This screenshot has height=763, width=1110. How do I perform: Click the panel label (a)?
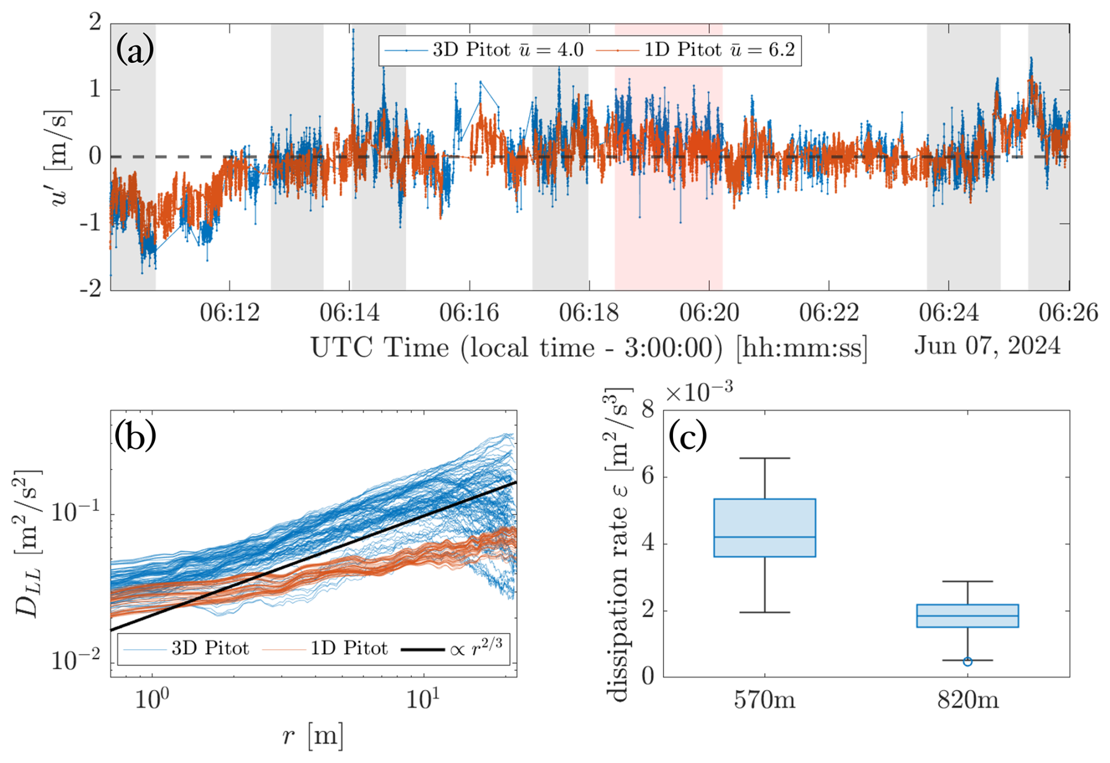pos(135,50)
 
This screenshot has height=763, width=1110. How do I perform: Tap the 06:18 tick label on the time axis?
pos(588,313)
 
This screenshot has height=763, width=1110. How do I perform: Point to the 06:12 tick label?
pos(229,313)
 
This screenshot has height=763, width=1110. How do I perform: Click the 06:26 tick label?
pos(1068,313)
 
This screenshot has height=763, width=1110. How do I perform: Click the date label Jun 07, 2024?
pos(987,346)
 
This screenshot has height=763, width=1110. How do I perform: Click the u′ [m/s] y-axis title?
pos(60,157)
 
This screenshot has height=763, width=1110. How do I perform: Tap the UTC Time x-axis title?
pos(588,348)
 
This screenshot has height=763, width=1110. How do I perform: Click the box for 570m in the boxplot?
pos(764,527)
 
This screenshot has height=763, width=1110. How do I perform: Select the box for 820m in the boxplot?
pos(967,616)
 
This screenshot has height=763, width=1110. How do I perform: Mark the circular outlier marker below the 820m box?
pos(967,662)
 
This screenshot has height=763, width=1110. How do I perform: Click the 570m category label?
pos(764,700)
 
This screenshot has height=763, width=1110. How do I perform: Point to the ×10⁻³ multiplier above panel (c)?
pos(699,391)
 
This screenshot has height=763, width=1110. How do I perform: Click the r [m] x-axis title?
pos(313,735)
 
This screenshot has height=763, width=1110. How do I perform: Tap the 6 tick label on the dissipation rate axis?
pos(648,477)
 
